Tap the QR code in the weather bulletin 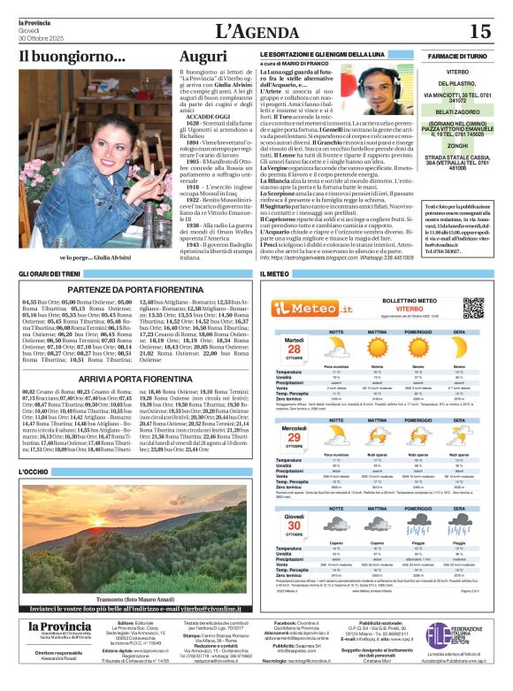[x=473, y=307]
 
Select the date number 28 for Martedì [x=295, y=349]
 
